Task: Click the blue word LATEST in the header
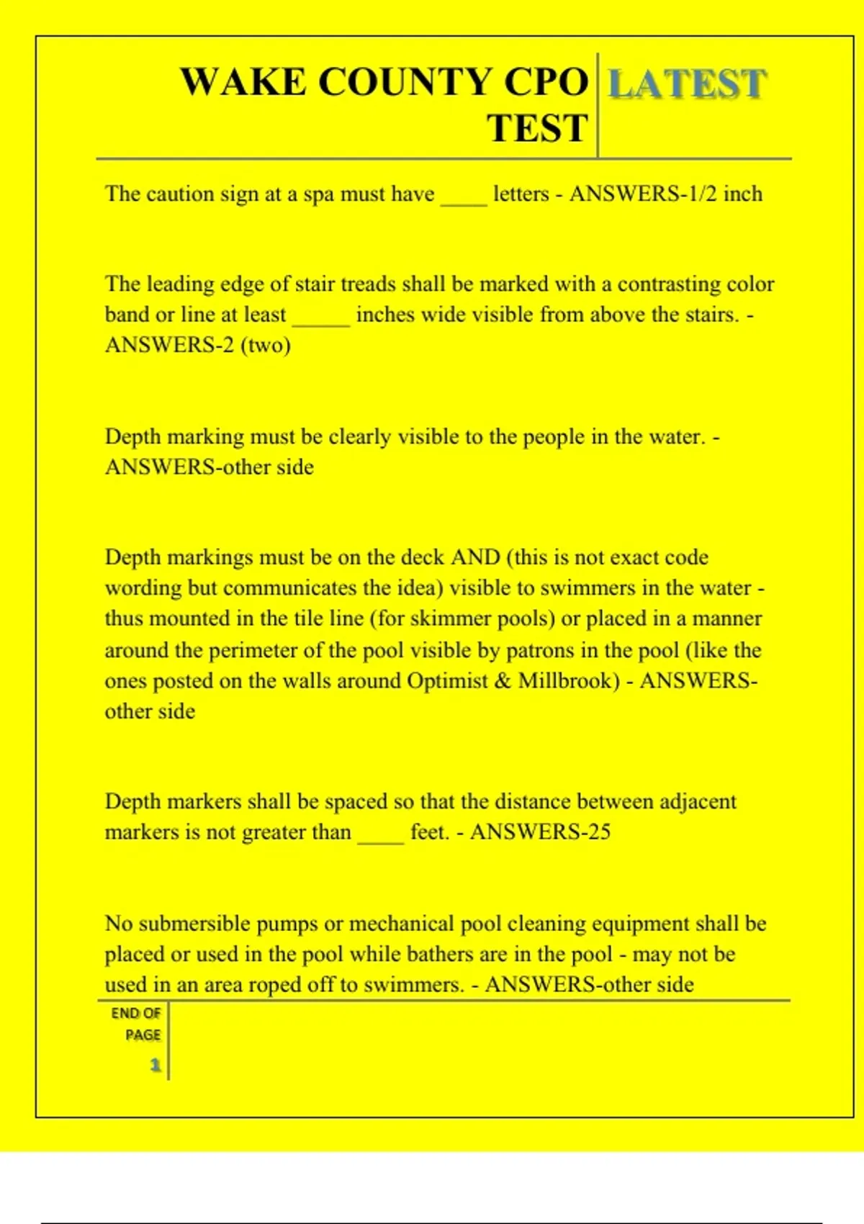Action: (687, 84)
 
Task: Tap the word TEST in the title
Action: (537, 128)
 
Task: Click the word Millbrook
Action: (569, 680)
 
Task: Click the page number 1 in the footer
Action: (155, 1065)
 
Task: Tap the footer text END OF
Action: (135, 1013)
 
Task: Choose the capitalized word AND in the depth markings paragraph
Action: (475, 557)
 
